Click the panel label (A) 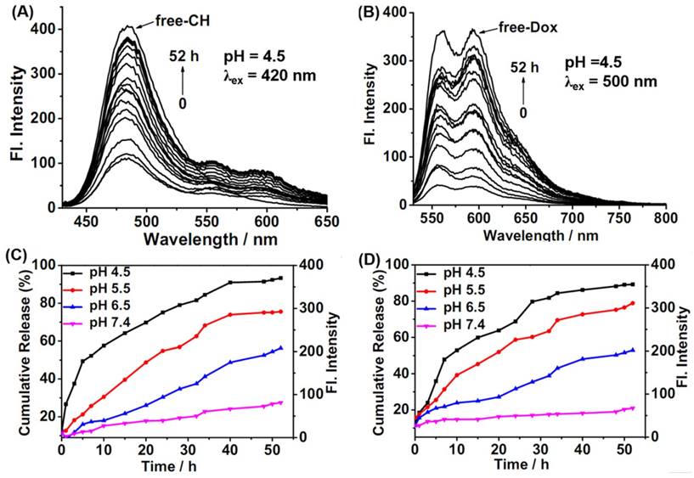click(x=17, y=13)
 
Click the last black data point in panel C click(x=280, y=278)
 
